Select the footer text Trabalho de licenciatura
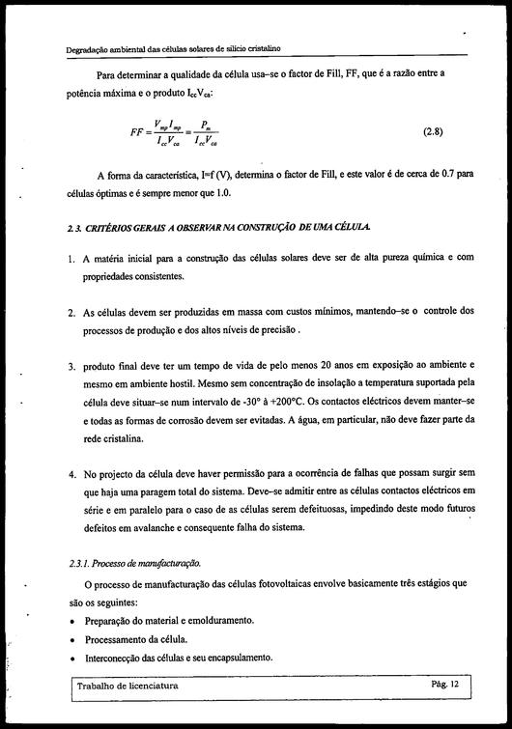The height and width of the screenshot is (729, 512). (132, 685)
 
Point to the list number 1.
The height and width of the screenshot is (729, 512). (72, 259)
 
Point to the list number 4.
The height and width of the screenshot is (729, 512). (72, 475)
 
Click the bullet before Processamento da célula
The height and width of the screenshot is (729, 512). (74, 639)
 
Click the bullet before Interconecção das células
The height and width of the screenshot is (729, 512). (74, 658)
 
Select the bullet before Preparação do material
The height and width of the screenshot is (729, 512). (74, 620)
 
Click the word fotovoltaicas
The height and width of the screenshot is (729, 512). (297, 583)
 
